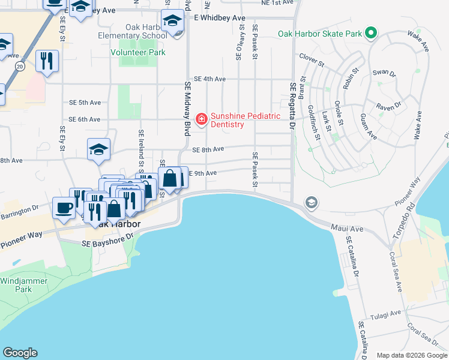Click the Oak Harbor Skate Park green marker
coord(372,34)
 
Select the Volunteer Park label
coord(137,52)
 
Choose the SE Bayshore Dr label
coord(107,240)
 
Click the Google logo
coord(20,353)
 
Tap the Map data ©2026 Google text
coord(412,355)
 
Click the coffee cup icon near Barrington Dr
coord(64,208)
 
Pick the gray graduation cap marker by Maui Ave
coord(311,203)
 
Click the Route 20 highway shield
coord(20,65)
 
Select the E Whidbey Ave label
coord(220,18)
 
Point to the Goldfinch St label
coord(315,123)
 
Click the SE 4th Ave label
coord(209,79)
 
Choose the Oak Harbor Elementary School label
coord(133,31)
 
